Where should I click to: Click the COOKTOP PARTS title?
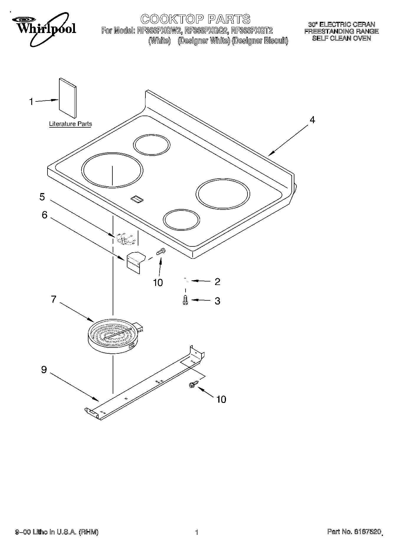click(x=195, y=19)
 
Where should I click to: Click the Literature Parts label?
click(x=70, y=124)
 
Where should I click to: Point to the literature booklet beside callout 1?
click(x=68, y=98)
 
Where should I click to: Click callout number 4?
click(x=312, y=120)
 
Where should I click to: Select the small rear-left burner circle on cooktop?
click(x=152, y=145)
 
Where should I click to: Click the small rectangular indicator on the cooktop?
click(x=137, y=200)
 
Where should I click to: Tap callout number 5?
click(x=42, y=197)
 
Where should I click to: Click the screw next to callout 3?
click(x=186, y=300)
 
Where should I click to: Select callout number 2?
click(x=217, y=282)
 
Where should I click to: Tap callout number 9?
click(x=44, y=370)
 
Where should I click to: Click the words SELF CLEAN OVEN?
click(x=341, y=38)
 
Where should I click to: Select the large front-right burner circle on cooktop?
click(x=223, y=194)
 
